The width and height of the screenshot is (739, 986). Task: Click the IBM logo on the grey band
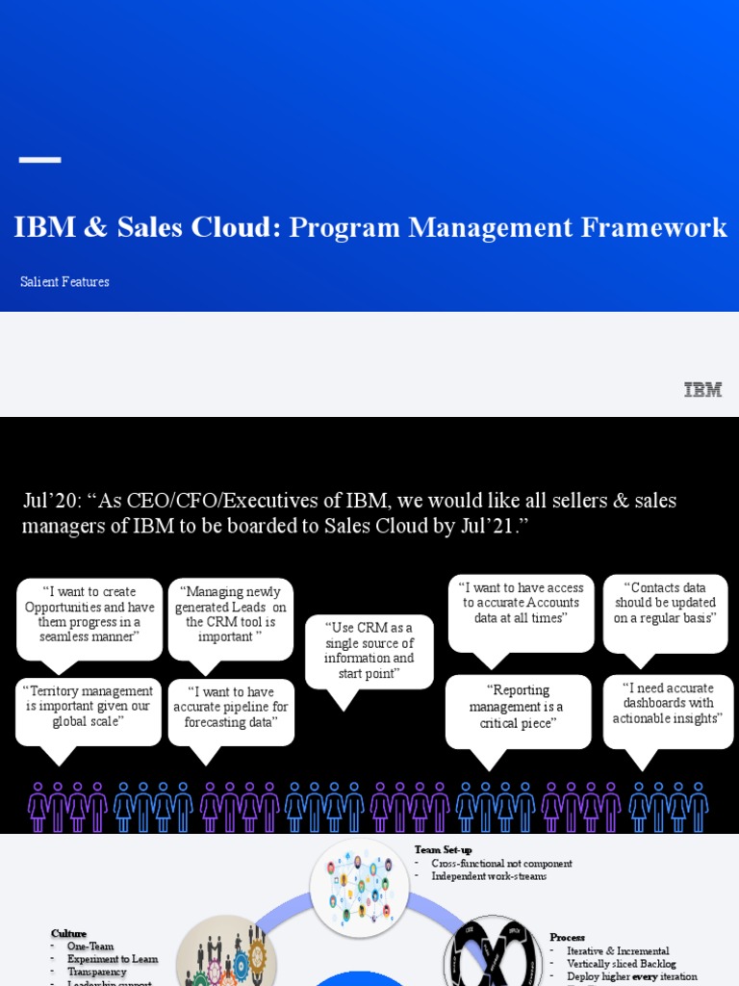coord(702,390)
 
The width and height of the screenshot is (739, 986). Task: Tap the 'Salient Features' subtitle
coord(64,282)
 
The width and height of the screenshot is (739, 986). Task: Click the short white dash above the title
coord(39,160)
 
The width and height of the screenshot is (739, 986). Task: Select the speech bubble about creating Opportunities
coord(89,614)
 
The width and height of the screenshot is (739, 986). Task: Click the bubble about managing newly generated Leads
coord(231,614)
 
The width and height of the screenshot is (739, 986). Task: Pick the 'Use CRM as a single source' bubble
coord(369,651)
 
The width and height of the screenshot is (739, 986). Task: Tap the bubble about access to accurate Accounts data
coord(521,604)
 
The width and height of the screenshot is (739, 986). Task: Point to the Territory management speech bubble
coord(89,707)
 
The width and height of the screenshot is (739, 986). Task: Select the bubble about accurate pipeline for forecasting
coord(231,708)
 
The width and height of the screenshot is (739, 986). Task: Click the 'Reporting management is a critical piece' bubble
coord(518,707)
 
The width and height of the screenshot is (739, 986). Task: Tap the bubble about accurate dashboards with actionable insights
coord(668,704)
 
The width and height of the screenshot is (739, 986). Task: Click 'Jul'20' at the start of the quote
coord(48,502)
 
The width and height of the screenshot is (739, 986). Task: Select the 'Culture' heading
coord(68,933)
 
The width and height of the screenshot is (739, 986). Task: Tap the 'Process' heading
coord(567,937)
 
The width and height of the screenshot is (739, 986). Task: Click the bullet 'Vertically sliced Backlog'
coord(622,964)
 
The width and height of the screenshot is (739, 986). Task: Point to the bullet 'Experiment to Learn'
coord(112,959)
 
